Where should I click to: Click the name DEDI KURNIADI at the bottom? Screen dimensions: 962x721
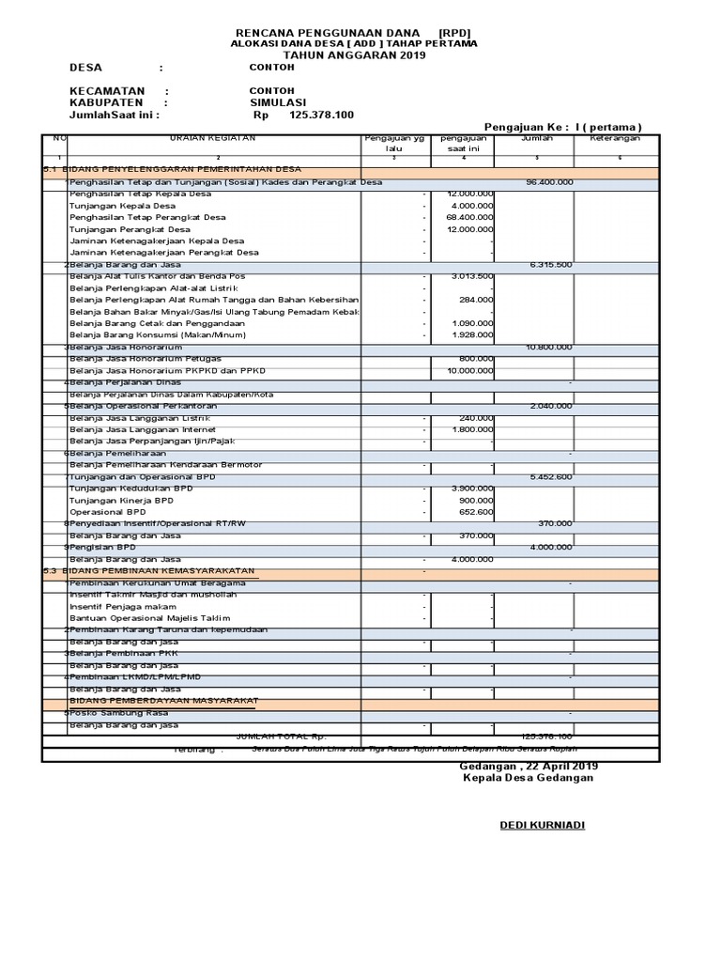pos(541,825)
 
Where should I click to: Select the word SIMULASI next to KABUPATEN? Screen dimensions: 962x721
pos(278,102)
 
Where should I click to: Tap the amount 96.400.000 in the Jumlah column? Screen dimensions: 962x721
pos(549,182)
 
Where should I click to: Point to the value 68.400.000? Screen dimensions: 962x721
pos(468,217)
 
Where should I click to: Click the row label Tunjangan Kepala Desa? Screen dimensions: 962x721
pos(122,206)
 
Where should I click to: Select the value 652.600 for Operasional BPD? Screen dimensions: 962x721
pos(474,512)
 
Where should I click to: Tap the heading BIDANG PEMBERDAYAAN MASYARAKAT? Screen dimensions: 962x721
pos(164,701)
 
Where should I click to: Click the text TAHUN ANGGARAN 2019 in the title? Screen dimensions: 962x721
pos(354,55)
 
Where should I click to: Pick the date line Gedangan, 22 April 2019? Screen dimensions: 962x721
pos(529,766)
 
